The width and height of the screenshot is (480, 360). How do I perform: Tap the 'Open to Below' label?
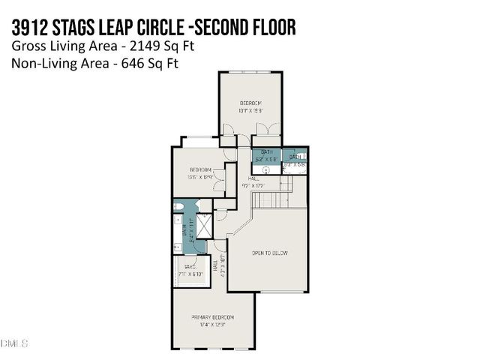coord(269,253)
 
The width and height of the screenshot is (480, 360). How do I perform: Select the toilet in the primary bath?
coord(178,205)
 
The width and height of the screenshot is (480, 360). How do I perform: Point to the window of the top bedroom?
coord(250,72)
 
